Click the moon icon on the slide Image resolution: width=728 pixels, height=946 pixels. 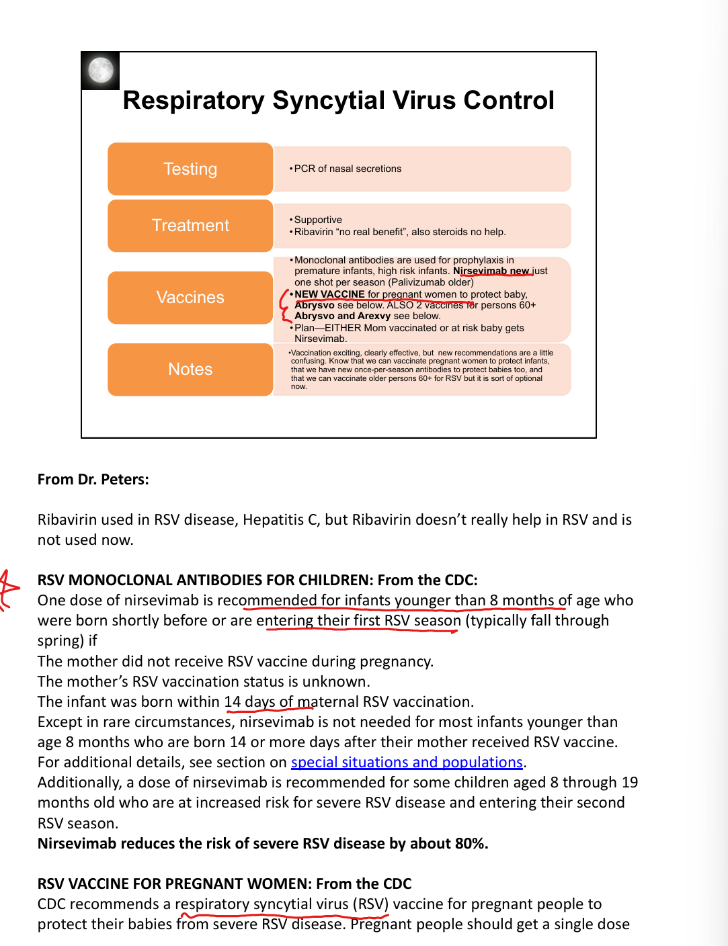pyautogui.click(x=101, y=71)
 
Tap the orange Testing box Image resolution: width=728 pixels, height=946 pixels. pyautogui.click(x=190, y=169)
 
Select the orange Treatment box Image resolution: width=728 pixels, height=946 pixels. pyautogui.click(x=190, y=226)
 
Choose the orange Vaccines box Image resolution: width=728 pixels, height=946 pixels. pyautogui.click(x=190, y=298)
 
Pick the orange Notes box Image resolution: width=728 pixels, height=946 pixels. pyautogui.click(x=190, y=370)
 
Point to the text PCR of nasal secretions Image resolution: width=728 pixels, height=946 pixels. pyautogui.click(x=348, y=169)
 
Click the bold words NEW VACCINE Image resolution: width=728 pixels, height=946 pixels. pyautogui.click(x=329, y=294)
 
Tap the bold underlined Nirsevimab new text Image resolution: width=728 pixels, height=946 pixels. pyautogui.click(x=491, y=271)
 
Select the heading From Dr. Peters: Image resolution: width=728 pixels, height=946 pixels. pyautogui.click(x=93, y=479)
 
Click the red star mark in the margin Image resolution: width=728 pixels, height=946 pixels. pyautogui.click(x=8, y=590)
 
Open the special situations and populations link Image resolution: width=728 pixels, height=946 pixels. pyautogui.click(x=407, y=762)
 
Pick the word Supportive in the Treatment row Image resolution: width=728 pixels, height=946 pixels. pyautogui.click(x=318, y=220)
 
